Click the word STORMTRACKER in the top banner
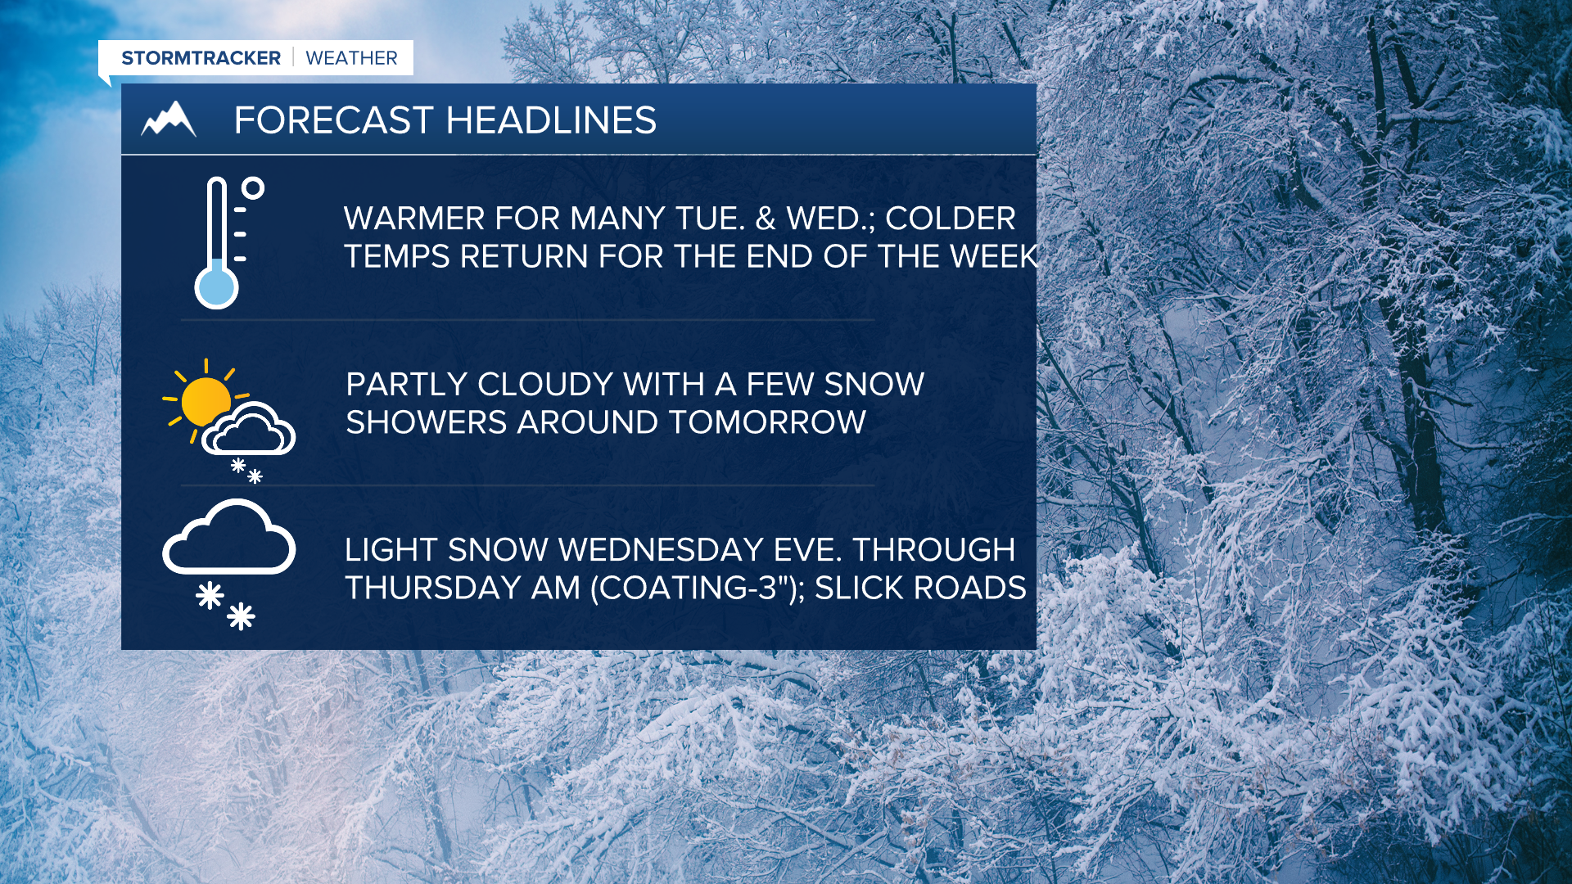click(x=201, y=58)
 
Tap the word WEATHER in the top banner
click(x=351, y=58)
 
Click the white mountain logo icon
click(x=169, y=120)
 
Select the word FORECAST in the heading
click(x=333, y=120)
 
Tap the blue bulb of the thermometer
click(x=216, y=287)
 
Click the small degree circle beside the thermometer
click(x=253, y=188)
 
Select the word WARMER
click(x=414, y=219)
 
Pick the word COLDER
click(x=951, y=219)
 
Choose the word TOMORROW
click(x=767, y=422)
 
